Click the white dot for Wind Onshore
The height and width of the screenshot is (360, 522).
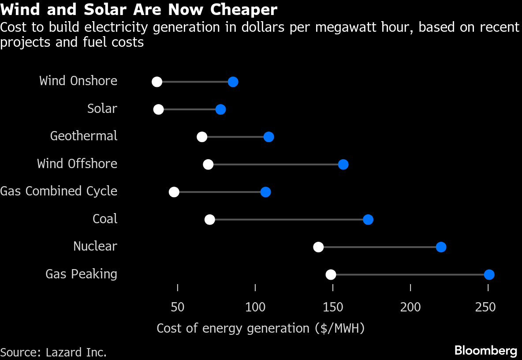point(157,82)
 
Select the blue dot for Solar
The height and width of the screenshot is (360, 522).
point(220,109)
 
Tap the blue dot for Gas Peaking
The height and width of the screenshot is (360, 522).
point(489,275)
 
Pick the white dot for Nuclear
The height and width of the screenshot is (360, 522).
point(318,247)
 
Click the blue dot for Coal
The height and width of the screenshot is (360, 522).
point(368,220)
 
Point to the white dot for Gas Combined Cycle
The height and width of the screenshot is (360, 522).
point(174,192)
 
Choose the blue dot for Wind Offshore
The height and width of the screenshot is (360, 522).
point(343,165)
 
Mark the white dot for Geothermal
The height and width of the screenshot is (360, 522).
point(202,137)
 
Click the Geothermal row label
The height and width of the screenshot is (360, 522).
point(84,136)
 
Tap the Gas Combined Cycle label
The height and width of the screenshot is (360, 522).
point(59,191)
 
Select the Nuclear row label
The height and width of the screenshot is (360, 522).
point(95,246)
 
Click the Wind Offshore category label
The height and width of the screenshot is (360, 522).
point(77,164)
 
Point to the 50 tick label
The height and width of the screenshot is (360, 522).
point(178,307)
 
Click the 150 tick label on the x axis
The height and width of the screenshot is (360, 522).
point(333,307)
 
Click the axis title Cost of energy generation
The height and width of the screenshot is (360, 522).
point(261,329)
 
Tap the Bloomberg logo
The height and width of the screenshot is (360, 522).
point(485,351)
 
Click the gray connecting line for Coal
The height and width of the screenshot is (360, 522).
point(289,220)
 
